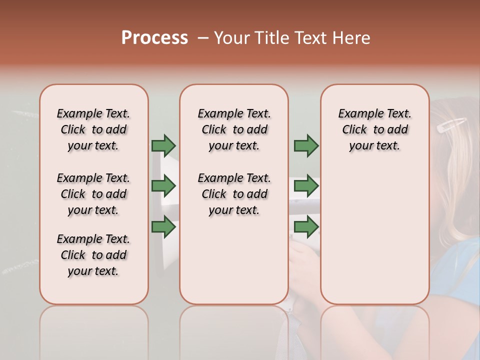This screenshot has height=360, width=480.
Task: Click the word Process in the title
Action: pos(154,38)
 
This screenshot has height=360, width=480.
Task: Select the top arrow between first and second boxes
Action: pos(163,145)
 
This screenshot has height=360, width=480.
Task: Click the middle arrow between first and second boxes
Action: pos(163,186)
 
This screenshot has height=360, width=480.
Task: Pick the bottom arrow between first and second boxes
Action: pos(163,227)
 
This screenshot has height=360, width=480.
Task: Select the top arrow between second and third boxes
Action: pos(306,145)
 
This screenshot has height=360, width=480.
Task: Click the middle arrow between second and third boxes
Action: pos(306,186)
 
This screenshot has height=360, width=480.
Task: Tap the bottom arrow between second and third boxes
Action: pos(306,227)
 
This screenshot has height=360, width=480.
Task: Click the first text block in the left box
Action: pos(93,129)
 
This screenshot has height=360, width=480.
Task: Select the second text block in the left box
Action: pos(93,194)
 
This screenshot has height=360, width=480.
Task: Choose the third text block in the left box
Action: pos(93,255)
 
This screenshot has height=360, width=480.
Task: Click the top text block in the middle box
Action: pos(234,129)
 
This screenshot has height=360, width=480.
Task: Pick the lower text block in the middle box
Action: pos(234,194)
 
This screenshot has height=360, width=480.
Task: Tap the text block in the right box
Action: pos(374,129)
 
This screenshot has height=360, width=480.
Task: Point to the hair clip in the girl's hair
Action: pos(451,125)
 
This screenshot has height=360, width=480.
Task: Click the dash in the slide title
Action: pos(203,38)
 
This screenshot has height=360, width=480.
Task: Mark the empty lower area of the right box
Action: pos(374,235)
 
